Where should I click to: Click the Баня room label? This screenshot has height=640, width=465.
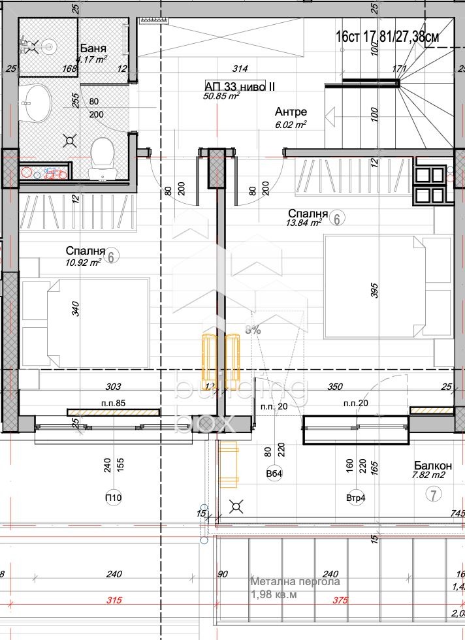[x=93, y=49]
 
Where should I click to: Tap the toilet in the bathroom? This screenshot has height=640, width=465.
[x=102, y=156]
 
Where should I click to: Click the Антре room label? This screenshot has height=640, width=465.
[x=291, y=112]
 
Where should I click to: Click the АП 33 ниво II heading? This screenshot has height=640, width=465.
[x=235, y=86]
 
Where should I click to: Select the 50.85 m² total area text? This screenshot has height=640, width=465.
[x=222, y=96]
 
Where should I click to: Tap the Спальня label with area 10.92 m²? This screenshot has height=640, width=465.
[x=86, y=251]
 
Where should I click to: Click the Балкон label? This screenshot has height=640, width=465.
[x=432, y=466]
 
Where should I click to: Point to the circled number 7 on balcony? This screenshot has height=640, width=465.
[x=432, y=494]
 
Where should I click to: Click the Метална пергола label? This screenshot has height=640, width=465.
[x=296, y=581]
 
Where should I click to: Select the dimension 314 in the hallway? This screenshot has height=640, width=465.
[x=242, y=68]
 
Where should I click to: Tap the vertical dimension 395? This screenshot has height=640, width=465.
[x=375, y=293]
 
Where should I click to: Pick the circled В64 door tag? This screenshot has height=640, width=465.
[x=273, y=473]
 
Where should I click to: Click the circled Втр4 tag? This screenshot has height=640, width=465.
[x=355, y=498]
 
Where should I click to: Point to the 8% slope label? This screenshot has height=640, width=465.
[x=253, y=330]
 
